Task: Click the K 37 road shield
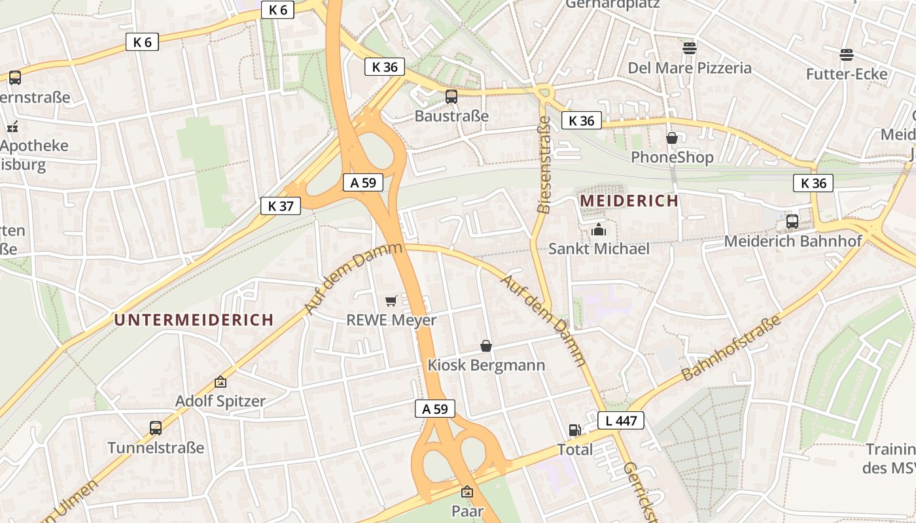point(281,206)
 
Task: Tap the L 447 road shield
point(621,420)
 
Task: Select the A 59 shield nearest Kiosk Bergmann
point(434,409)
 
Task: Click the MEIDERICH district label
point(629,201)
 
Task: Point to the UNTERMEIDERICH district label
point(194,320)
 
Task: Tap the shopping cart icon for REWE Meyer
point(391,301)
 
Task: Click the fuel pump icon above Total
point(574,430)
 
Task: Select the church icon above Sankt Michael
point(598,229)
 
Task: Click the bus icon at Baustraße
point(451,97)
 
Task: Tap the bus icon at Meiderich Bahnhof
point(792,221)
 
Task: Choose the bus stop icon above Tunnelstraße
point(156,428)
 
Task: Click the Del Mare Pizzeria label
point(690,68)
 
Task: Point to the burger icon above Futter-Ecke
point(847,54)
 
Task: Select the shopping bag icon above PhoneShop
point(671,138)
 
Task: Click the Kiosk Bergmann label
point(486,365)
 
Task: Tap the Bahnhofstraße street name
point(731,348)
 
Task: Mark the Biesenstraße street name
point(543,165)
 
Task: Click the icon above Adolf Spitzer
point(220,382)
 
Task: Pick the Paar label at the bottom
point(467,511)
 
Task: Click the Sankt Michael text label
point(599,248)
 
